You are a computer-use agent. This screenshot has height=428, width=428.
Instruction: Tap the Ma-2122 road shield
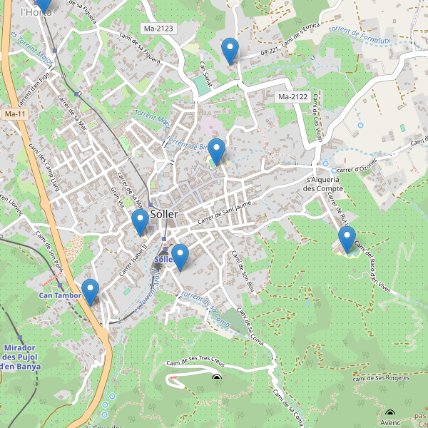[292, 96]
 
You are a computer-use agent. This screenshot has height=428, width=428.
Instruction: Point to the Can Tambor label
[60, 295]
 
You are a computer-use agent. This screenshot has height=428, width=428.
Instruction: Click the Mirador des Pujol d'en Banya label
[21, 356]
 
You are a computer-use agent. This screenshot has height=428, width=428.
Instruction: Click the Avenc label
[390, 422]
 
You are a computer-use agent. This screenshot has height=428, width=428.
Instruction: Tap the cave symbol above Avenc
[389, 412]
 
